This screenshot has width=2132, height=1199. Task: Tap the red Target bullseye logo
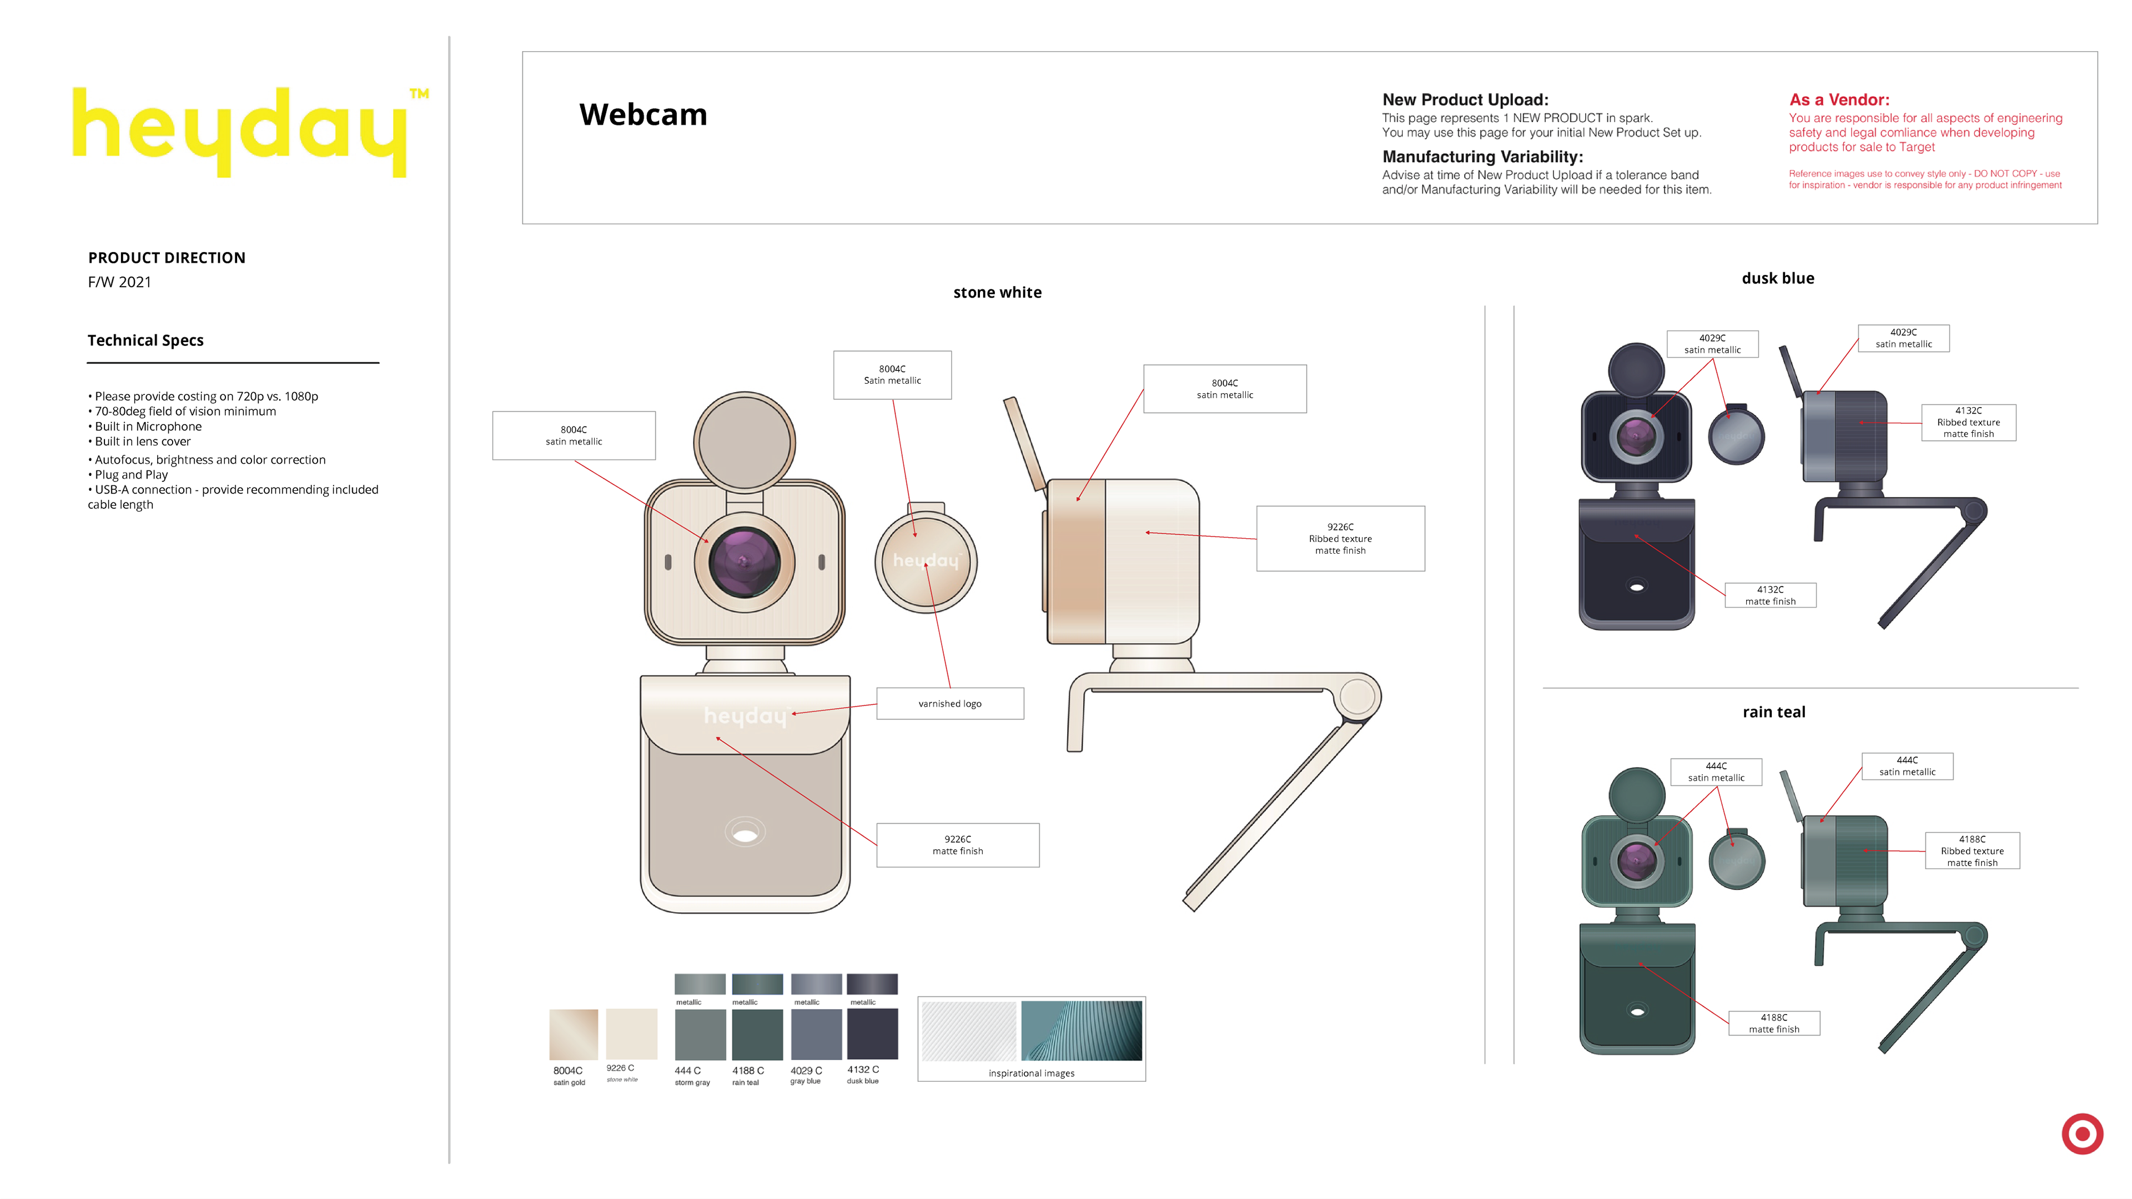pos(2081,1133)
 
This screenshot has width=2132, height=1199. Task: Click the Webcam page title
pos(643,114)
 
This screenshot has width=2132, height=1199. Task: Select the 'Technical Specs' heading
pos(145,340)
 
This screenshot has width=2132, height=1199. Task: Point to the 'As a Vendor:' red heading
pos(1839,99)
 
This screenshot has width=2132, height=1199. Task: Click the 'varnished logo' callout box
pos(949,704)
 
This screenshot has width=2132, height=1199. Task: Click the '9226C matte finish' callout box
pos(958,845)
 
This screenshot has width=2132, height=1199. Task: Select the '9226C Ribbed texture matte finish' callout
pos(1340,538)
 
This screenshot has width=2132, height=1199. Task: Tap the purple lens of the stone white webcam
pos(743,562)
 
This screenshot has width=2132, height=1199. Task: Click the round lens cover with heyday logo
pos(926,561)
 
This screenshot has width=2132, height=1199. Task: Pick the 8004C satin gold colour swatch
pos(573,1034)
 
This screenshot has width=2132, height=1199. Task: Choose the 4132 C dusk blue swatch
pos(872,1034)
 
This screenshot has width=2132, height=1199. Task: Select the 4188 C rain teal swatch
pos(756,1034)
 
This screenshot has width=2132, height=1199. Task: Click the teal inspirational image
pos(1081,1030)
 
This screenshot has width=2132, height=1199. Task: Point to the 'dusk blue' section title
pos(1777,278)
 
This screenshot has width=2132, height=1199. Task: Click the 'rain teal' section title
pos(1774,712)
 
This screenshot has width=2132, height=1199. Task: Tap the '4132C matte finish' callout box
pos(1771,595)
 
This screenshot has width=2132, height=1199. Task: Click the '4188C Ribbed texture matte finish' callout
pos(1972,850)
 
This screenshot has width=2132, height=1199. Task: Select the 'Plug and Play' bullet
pos(131,474)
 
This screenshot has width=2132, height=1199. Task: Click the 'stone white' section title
pos(997,292)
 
